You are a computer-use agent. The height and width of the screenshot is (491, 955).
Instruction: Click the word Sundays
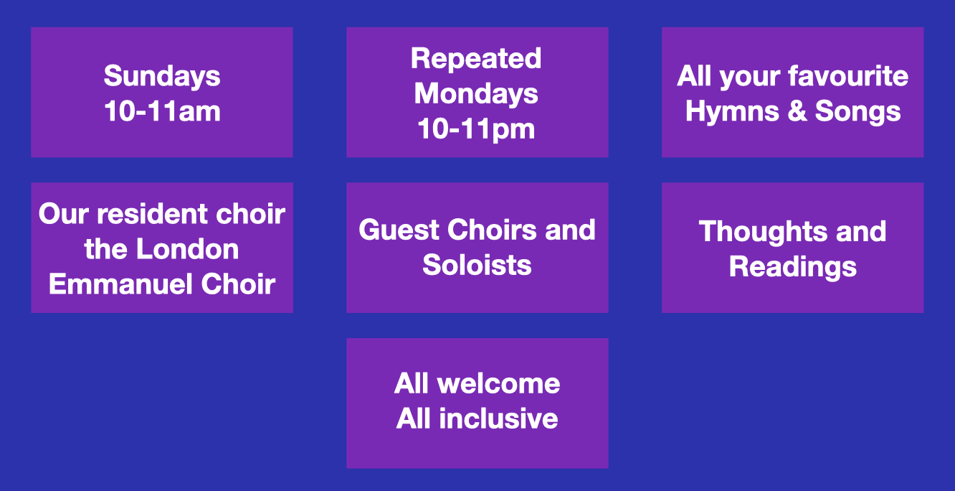click(162, 77)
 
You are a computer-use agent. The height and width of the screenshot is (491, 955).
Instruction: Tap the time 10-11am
click(162, 111)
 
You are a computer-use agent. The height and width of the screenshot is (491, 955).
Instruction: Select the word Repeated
click(476, 60)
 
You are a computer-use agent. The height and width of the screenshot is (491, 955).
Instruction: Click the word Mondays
click(476, 94)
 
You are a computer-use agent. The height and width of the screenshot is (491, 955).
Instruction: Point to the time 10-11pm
click(476, 130)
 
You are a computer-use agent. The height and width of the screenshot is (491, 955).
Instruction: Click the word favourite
click(848, 76)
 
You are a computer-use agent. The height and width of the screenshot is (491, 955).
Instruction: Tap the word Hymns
click(732, 112)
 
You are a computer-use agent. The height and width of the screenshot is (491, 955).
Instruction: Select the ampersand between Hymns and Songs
click(797, 111)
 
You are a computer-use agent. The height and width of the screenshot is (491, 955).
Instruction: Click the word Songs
click(857, 112)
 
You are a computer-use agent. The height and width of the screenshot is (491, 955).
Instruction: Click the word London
click(187, 249)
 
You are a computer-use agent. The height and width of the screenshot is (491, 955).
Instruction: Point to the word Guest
click(399, 230)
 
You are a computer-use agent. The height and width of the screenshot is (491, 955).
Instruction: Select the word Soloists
click(477, 265)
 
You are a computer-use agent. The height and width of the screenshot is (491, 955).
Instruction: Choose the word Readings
click(792, 267)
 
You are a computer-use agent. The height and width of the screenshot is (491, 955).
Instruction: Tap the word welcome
click(498, 383)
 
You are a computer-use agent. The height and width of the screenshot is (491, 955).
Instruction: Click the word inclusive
click(498, 418)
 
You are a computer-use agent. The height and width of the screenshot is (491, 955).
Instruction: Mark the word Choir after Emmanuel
click(238, 284)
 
